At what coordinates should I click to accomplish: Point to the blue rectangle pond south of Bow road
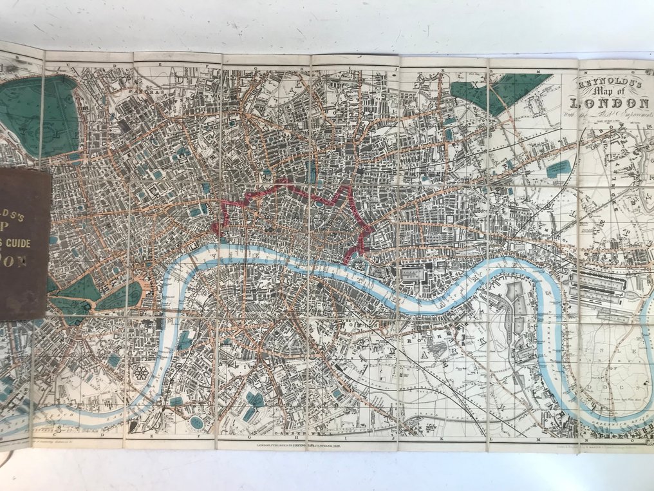[558, 169]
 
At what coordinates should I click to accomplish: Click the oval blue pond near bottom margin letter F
[196, 423]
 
